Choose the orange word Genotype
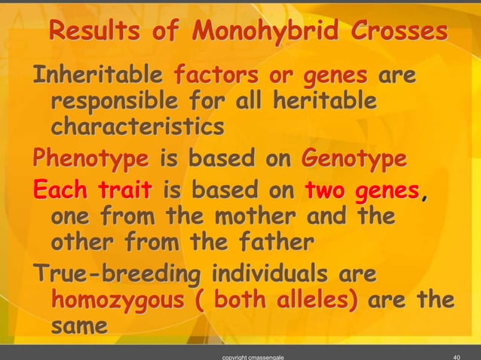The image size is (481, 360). point(354,160)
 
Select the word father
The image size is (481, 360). point(263,243)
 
